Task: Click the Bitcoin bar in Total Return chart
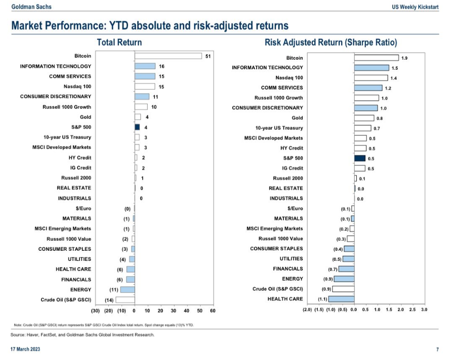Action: point(168,56)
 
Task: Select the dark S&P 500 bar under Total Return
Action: point(137,127)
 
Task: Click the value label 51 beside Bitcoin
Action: point(208,56)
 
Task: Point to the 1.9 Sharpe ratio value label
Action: point(404,58)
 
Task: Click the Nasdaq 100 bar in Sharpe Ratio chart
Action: point(370,78)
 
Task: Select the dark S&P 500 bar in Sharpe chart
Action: point(359,158)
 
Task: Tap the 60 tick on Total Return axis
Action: point(213,310)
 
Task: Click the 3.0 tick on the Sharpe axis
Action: point(424,309)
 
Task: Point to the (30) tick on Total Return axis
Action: point(95,310)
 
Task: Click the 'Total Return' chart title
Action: point(119,42)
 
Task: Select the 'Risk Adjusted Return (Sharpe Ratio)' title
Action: point(331,42)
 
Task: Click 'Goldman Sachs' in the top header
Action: point(31,7)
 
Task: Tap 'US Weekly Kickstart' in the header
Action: point(415,7)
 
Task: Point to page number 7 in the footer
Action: point(437,349)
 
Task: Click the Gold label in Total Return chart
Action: point(86,117)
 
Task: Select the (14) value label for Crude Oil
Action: point(109,300)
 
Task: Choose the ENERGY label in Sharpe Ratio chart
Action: point(293,279)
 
